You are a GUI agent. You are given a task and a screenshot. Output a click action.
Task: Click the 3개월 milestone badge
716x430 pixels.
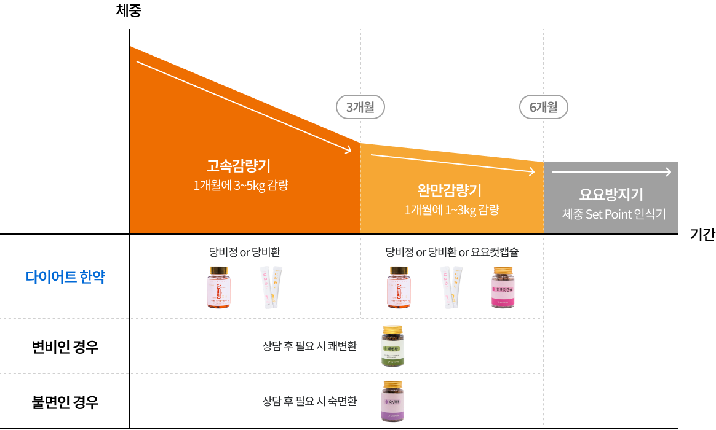coord(360,107)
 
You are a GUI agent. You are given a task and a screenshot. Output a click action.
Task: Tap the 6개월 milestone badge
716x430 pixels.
coord(544,107)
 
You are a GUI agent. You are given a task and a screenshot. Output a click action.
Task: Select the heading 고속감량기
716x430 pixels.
coord(239,166)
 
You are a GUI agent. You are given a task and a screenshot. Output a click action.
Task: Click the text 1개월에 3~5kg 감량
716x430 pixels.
coord(241,186)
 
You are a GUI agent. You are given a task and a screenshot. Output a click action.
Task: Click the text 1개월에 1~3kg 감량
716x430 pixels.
coord(451,209)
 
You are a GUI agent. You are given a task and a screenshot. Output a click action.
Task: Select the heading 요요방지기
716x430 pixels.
coord(611,195)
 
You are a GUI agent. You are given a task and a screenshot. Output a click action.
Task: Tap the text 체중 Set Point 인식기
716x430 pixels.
coord(613,214)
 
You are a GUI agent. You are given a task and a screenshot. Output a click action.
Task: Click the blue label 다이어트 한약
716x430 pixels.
coord(66,277)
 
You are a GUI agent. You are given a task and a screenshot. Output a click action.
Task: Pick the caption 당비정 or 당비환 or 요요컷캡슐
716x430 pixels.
coord(452,252)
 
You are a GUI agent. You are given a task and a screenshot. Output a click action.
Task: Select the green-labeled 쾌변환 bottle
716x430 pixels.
coord(392,346)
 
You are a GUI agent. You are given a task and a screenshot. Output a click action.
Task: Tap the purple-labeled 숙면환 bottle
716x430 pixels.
coord(392,401)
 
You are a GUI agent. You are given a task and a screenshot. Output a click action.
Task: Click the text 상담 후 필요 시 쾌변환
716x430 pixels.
coord(309,346)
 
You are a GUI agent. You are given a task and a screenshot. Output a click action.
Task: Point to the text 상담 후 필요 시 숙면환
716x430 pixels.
coord(309,402)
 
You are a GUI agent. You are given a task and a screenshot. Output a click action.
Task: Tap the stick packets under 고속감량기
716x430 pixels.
coord(271,287)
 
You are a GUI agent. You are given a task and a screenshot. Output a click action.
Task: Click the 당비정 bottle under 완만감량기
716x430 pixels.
coord(397,287)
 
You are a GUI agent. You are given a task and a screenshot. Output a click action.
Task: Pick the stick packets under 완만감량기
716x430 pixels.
coord(451,287)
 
